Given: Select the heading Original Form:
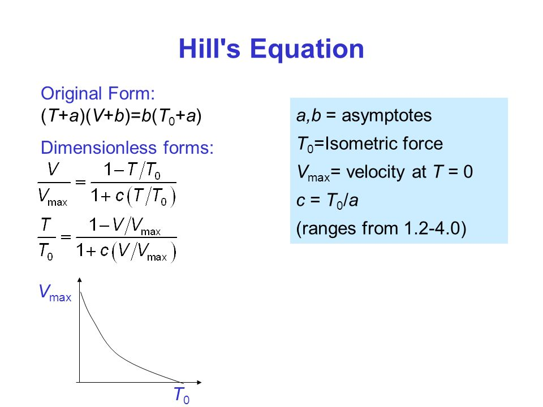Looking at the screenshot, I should point(98,93).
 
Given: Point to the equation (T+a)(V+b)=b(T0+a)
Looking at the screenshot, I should point(121,116).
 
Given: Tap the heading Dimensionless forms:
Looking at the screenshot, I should point(127,148).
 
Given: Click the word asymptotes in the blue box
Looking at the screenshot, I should point(386,116).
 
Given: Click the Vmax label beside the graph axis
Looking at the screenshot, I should point(55,293).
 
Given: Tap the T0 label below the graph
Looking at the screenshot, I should point(182,395).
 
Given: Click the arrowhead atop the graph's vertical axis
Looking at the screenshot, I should point(80,280).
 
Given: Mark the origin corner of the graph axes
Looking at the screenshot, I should point(80,382).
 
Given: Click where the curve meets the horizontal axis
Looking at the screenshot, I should point(182,382).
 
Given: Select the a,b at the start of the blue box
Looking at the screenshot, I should point(309,116).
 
